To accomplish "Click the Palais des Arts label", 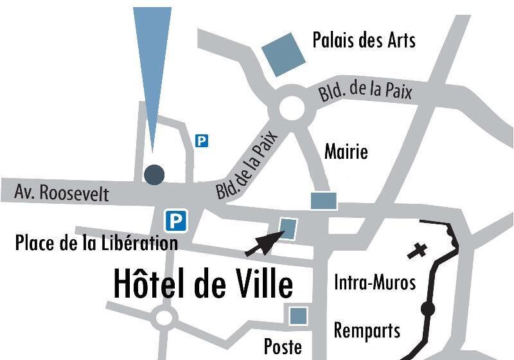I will click(364, 40).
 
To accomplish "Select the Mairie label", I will click(346, 152).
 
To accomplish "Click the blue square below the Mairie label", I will click(324, 201).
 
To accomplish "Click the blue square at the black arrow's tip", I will click(288, 227).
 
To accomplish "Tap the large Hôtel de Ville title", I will click(203, 284).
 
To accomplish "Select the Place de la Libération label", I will click(96, 244).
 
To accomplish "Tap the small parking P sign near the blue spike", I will click(202, 140).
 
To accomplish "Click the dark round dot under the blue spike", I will click(154, 174).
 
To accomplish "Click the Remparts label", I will click(367, 330).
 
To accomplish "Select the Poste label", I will click(283, 347).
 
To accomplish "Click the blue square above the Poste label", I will click(297, 315).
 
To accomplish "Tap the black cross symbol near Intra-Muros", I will click(417, 250).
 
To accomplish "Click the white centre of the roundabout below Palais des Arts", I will click(292, 108).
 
